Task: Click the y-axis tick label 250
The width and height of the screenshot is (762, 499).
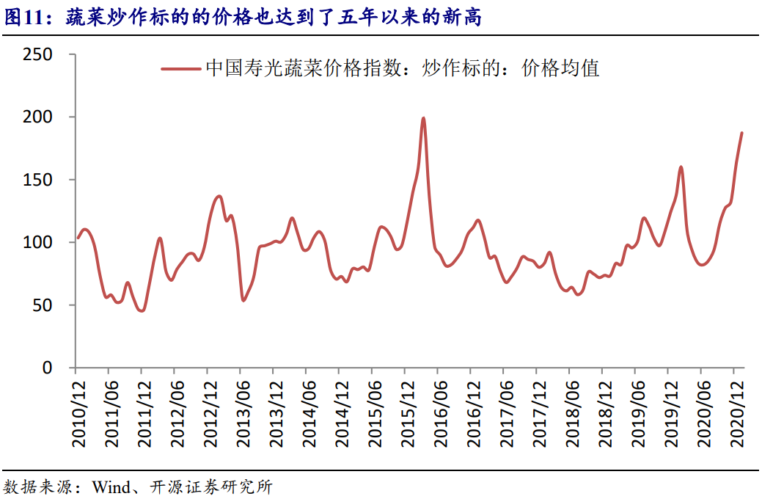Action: tap(37, 54)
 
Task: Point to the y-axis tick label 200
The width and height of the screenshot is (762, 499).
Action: tap(37, 117)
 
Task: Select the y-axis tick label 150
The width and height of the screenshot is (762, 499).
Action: tap(37, 180)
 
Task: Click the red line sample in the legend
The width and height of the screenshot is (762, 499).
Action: tap(180, 69)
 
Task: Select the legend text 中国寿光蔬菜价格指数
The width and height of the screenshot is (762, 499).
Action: tap(302, 69)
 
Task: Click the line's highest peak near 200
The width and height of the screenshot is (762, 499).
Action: tap(424, 118)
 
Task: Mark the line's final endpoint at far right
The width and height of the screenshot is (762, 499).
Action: tap(742, 133)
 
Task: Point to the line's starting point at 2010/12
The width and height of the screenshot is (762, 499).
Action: tap(78, 238)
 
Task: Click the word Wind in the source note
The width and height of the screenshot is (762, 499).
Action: tap(111, 487)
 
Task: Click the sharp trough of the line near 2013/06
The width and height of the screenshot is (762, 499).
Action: tap(243, 300)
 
